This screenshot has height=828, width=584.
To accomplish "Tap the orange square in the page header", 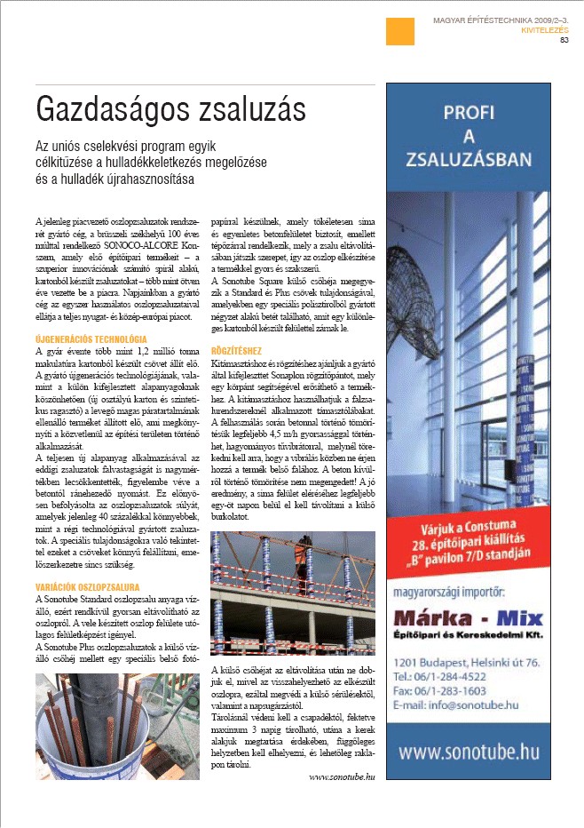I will coord(399,32).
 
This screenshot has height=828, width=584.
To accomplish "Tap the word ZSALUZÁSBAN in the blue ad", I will coord(468,160).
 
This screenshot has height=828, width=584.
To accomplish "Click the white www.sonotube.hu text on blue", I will coord(468,752).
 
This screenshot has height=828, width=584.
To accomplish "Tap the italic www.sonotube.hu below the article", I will coord(342,776).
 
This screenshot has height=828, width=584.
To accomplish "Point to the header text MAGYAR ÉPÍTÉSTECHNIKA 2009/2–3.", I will coord(499,18).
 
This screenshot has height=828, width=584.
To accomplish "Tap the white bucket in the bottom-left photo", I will coord(105,746).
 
